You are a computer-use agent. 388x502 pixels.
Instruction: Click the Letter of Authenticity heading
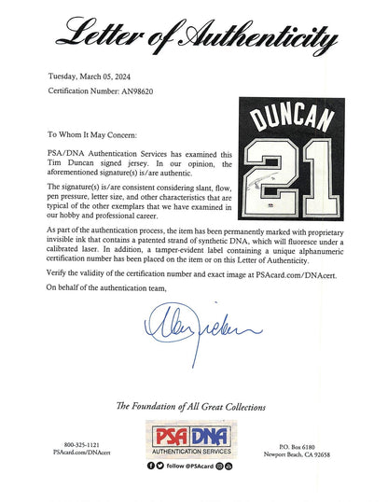(194, 38)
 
